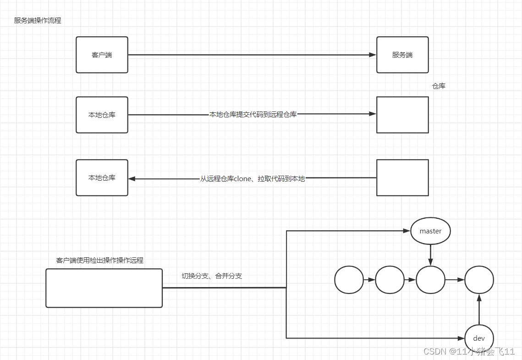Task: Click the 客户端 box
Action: tap(102, 55)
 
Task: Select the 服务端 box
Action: tap(402, 55)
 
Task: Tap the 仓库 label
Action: tap(439, 86)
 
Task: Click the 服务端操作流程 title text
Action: tap(38, 21)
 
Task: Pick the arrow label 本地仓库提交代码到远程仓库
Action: tap(253, 114)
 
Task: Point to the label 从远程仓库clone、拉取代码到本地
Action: tap(253, 178)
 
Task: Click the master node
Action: tap(430, 231)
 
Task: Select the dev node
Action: tap(479, 338)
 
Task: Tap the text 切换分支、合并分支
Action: tap(212, 276)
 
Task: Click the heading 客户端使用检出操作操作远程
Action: tap(100, 260)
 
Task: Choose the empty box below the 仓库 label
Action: tap(402, 115)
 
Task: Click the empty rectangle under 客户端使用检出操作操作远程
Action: tap(104, 288)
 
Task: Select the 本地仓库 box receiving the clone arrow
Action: tap(102, 178)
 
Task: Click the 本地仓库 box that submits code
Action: tap(102, 115)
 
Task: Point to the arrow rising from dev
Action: tap(479, 310)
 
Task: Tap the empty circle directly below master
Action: tap(430, 279)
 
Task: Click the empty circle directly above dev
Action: tap(479, 279)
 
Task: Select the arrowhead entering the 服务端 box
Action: tap(373, 55)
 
